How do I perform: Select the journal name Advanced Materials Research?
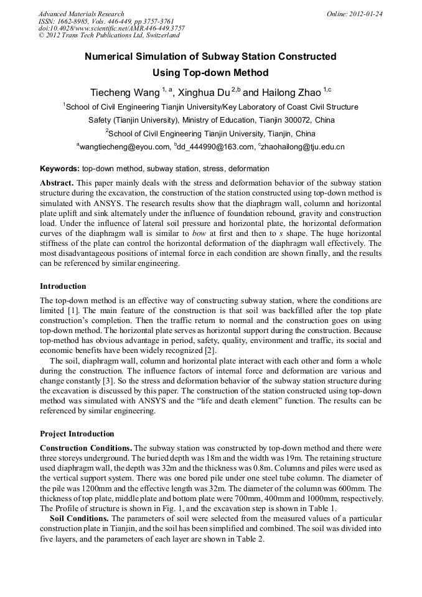81,14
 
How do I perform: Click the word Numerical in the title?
110,57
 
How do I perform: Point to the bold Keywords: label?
60,169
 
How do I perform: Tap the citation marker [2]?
210,350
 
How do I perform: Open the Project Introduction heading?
77,433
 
